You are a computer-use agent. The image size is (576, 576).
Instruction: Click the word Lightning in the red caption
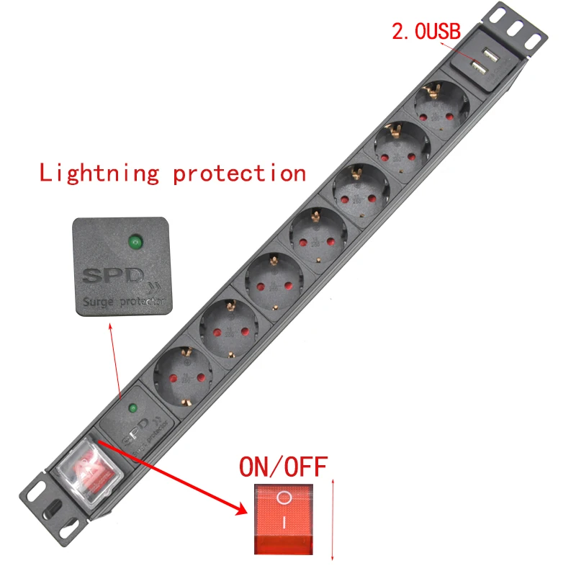(99, 174)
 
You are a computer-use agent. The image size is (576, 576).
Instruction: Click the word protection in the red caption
(240, 174)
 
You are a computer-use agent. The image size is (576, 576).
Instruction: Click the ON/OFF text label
(283, 468)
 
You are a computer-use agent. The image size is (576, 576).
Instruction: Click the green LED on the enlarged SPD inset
(135, 242)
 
